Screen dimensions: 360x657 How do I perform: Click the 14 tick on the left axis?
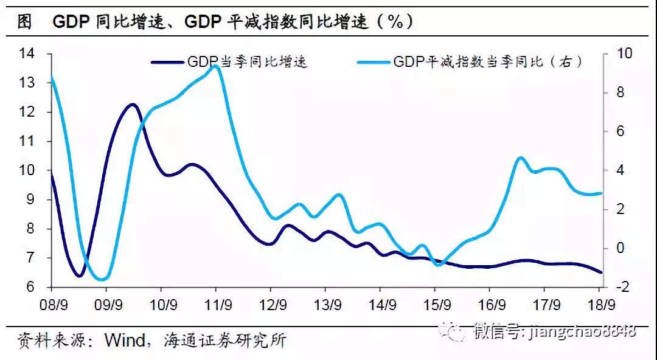pyautogui.click(x=27, y=54)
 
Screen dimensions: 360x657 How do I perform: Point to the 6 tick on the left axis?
pyautogui.click(x=30, y=287)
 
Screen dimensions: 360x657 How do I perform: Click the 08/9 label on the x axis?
pyautogui.click(x=52, y=305)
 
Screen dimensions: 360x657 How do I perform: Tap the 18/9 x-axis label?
pyautogui.click(x=600, y=305)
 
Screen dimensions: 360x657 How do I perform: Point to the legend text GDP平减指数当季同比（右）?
pyautogui.click(x=488, y=61)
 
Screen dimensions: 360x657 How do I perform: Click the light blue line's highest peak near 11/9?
pyautogui.click(x=215, y=65)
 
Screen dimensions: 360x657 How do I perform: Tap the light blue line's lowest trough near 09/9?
pyautogui.click(x=103, y=280)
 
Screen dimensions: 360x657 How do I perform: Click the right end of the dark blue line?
pyautogui.click(x=602, y=272)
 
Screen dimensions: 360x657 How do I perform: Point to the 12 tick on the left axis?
pyautogui.click(x=27, y=112)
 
